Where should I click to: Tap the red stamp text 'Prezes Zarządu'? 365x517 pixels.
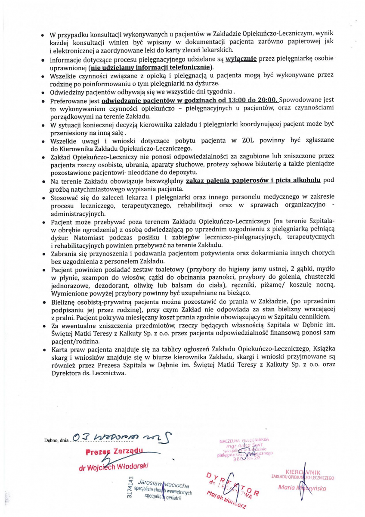point(114,452)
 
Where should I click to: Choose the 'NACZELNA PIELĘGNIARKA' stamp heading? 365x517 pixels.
point(244,440)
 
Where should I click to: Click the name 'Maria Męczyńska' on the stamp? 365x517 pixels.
point(302,488)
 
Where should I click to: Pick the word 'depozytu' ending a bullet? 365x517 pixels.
point(171,172)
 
